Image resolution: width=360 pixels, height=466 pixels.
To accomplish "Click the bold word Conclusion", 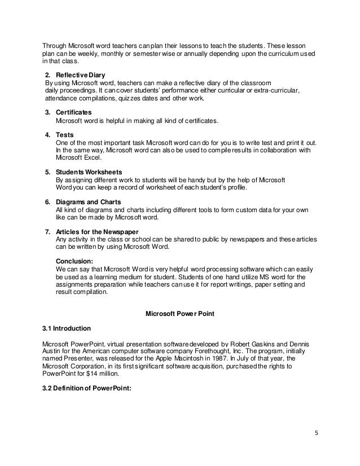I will (75, 261).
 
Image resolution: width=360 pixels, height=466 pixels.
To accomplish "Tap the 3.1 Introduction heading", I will (67, 327).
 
